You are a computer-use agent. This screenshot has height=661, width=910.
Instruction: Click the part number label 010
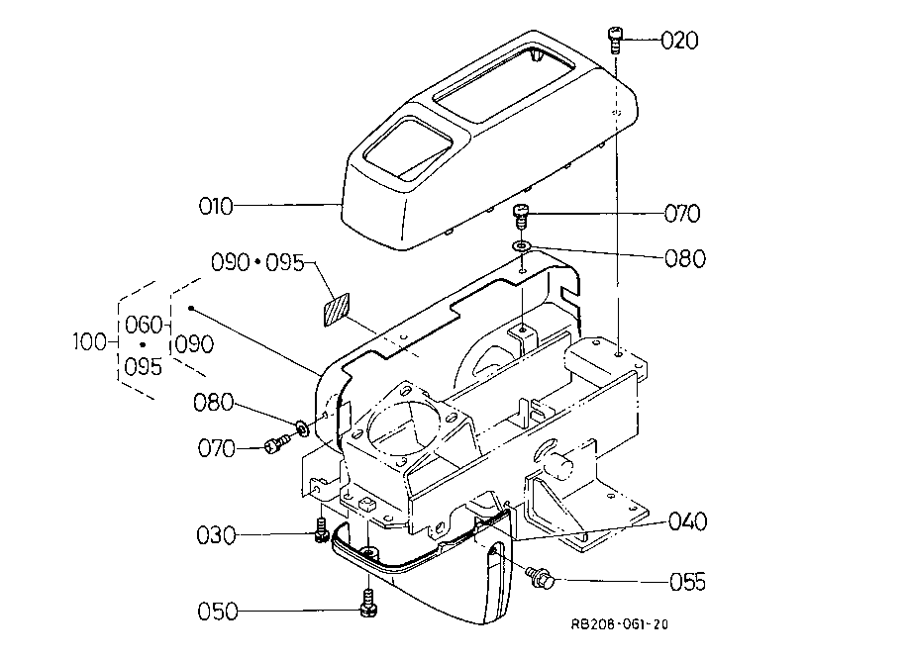[215, 207]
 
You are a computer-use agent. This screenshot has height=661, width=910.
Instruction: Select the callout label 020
[679, 41]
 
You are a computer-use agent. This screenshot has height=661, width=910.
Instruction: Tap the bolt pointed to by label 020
[615, 40]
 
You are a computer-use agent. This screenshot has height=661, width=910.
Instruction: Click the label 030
[217, 535]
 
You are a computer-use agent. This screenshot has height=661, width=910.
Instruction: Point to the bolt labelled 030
[322, 530]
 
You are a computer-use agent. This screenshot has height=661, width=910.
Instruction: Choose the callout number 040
[688, 521]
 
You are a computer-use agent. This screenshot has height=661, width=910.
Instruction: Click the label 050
[218, 612]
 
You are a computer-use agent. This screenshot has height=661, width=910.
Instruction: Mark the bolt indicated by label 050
[368, 604]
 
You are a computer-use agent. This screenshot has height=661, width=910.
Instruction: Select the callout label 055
[688, 582]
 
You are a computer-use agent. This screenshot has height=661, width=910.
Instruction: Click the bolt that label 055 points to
[541, 576]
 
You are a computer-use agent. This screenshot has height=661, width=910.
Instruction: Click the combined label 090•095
[257, 263]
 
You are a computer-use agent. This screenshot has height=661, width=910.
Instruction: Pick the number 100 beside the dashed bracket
[90, 341]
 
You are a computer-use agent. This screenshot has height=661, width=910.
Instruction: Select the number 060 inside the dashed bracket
[144, 325]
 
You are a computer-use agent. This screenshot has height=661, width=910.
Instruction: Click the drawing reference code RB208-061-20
[619, 624]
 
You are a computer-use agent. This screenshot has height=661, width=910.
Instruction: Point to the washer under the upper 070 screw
[522, 246]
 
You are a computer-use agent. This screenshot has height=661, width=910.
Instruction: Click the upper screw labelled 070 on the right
[522, 217]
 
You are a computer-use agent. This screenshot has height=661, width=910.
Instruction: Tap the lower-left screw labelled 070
[277, 445]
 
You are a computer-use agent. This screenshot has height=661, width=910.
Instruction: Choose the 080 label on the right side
[685, 258]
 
